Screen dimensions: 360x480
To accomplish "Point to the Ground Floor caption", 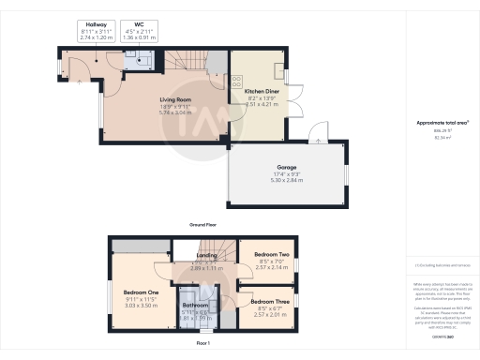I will click(x=203, y=226).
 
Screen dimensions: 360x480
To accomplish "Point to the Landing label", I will click(x=206, y=255).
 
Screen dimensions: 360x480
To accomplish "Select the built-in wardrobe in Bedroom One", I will click(x=140, y=247).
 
